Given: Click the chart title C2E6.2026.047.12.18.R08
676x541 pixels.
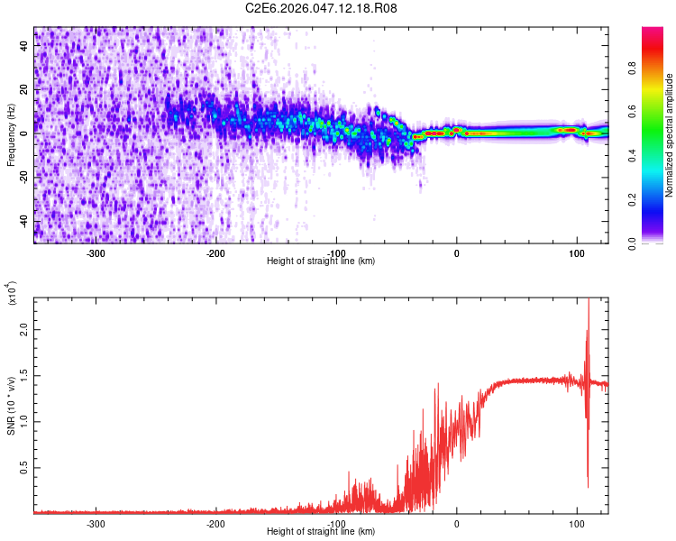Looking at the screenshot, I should pyautogui.click(x=322, y=8).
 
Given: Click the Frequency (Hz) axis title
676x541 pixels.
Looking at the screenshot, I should pyautogui.click(x=11, y=135).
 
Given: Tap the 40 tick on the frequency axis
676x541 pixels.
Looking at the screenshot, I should pyautogui.click(x=23, y=44).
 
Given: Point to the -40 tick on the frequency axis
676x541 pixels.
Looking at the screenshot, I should pyautogui.click(x=22, y=221).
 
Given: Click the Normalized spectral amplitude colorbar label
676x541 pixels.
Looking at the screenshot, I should pyautogui.click(x=670, y=135).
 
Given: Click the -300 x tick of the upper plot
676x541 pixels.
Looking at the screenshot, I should pyautogui.click(x=96, y=252).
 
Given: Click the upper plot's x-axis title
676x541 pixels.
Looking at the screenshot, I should pyautogui.click(x=321, y=261).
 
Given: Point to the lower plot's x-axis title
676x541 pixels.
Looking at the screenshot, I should pyautogui.click(x=321, y=532).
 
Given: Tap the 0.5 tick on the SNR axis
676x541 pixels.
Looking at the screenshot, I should pyautogui.click(x=24, y=468).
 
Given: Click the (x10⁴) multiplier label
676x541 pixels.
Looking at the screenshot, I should pyautogui.click(x=12, y=293).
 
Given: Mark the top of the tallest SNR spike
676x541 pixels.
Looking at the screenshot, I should pyautogui.click(x=589, y=299).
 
